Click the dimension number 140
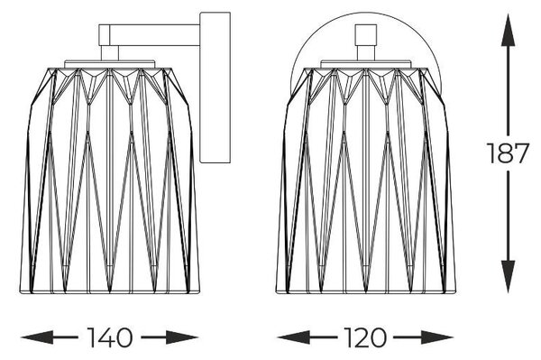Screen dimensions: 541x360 point(110,337)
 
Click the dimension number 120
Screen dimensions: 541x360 point(365,337)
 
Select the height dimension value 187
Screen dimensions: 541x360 point(508,152)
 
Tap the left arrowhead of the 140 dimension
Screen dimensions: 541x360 point(37,337)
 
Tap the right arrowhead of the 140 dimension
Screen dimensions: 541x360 point(182,337)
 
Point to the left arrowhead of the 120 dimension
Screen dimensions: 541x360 point(293,337)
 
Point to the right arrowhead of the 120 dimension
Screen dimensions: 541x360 point(436,337)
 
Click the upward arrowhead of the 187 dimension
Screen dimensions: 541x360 point(508,30)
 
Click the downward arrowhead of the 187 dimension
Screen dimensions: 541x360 point(508,276)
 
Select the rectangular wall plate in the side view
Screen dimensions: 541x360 point(215,88)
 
